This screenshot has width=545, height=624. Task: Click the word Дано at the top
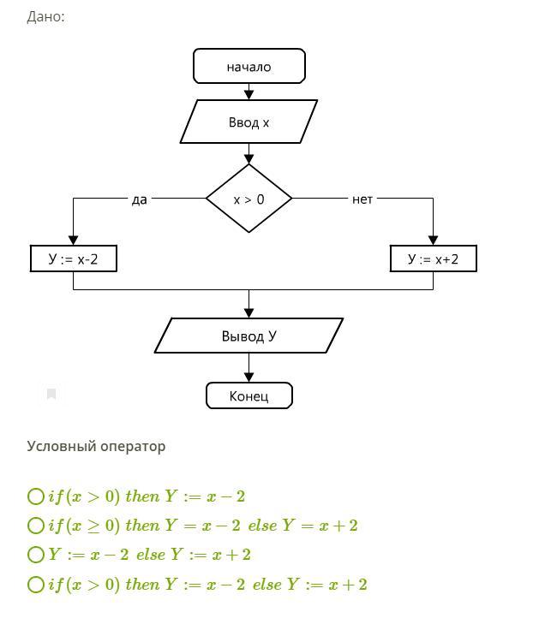click(x=45, y=16)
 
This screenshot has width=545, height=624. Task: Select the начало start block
click(x=249, y=66)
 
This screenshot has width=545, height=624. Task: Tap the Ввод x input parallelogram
click(x=249, y=122)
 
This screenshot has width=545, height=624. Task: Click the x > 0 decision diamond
click(x=249, y=199)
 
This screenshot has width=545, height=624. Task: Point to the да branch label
click(x=139, y=199)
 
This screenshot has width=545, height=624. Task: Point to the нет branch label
click(x=362, y=199)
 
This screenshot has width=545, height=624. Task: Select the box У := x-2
click(x=73, y=259)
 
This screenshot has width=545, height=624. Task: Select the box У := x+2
click(x=433, y=259)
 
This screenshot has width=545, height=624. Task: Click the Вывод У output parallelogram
click(x=249, y=336)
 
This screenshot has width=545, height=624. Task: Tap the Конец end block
click(x=249, y=395)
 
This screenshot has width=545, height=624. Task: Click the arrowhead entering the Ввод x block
click(x=249, y=94)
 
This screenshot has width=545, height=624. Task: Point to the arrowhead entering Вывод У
click(x=249, y=312)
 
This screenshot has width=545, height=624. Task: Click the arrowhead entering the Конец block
click(x=249, y=377)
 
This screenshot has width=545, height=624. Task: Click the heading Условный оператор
click(x=96, y=446)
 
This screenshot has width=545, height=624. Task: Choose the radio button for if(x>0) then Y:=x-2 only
click(x=35, y=496)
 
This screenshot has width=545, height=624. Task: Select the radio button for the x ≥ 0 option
click(x=35, y=526)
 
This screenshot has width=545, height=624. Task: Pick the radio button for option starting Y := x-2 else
click(x=35, y=555)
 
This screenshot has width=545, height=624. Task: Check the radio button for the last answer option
click(x=35, y=585)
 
